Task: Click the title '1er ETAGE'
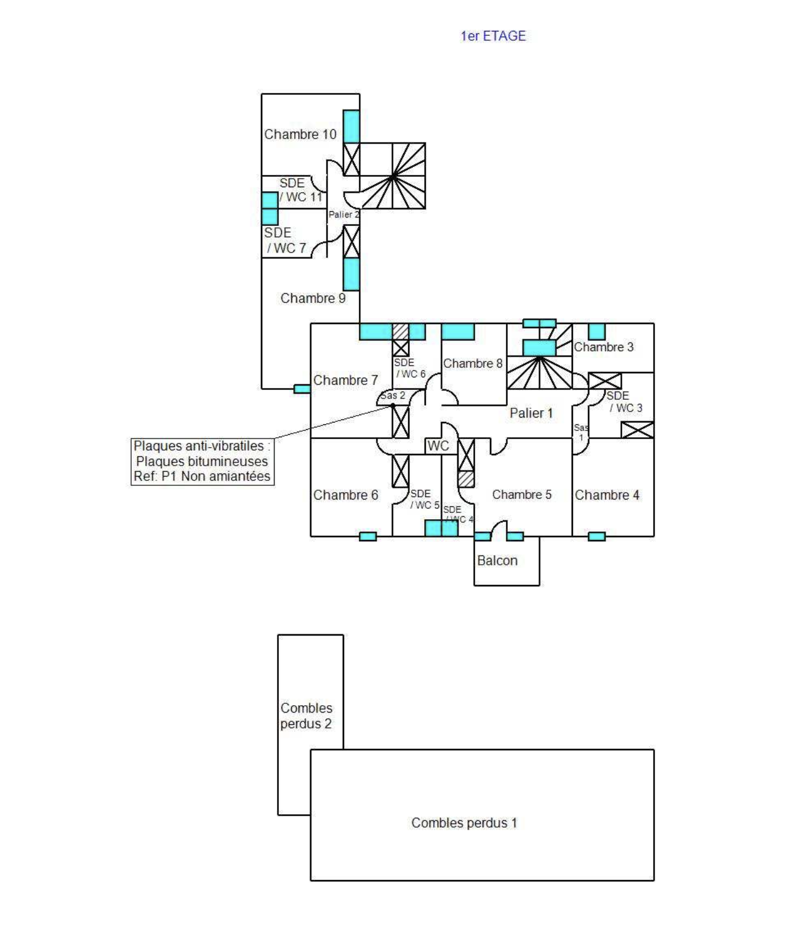(x=493, y=36)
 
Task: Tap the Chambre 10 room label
(x=300, y=134)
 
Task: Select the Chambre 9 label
(x=313, y=298)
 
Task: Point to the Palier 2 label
(x=343, y=214)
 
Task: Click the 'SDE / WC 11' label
(x=300, y=190)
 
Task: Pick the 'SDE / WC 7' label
(x=285, y=241)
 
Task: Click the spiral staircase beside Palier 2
(x=393, y=176)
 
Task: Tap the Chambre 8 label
(x=473, y=363)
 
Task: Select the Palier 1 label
(x=531, y=413)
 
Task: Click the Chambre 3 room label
(x=603, y=347)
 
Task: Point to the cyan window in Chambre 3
(x=596, y=331)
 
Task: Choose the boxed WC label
(x=438, y=446)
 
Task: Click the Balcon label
(x=497, y=560)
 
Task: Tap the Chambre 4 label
(x=607, y=495)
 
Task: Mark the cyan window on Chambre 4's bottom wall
(x=596, y=536)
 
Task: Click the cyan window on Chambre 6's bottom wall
(x=367, y=536)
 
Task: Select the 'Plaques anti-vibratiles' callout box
(x=202, y=461)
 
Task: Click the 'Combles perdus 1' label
(x=464, y=823)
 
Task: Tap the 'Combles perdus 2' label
(x=306, y=716)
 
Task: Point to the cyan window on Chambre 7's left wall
(x=302, y=389)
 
